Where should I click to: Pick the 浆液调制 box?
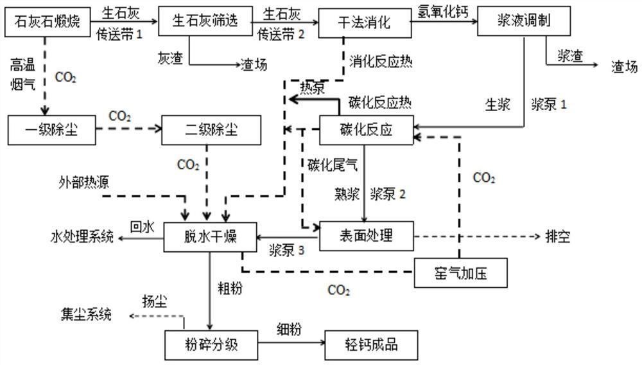coord(524,21)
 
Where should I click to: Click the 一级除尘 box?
coord(51,131)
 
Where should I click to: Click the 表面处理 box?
coord(365,236)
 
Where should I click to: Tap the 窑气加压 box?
coord(462,272)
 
